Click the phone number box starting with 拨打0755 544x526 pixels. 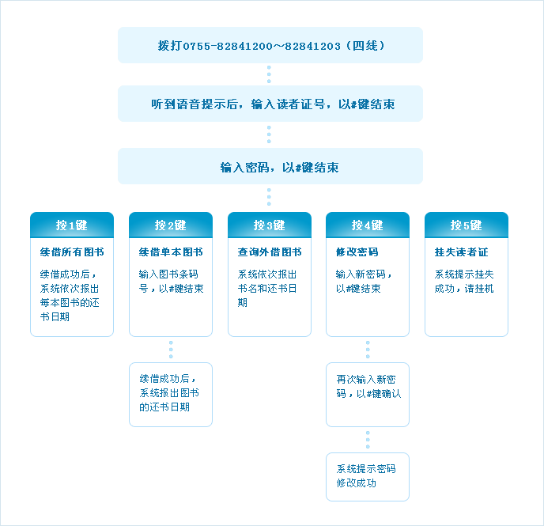[270, 45]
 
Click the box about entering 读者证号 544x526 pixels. [270, 104]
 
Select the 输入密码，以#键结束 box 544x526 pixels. [270, 166]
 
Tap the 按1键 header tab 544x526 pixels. [72, 225]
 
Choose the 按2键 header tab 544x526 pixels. [171, 225]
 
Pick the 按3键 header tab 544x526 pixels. [270, 225]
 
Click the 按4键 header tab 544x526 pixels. [368, 225]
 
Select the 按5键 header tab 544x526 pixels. [467, 225]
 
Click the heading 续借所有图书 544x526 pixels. [72, 252]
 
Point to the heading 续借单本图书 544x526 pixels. [171, 252]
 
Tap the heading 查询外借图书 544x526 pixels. [270, 252]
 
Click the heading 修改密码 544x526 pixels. [357, 252]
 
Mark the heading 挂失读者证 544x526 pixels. [462, 252]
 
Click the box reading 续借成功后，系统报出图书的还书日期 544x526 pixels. [171, 395]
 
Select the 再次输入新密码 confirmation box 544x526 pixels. [368, 395]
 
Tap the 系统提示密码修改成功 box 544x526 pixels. [368, 477]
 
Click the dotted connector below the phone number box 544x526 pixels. [269, 74]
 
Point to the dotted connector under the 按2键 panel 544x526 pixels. [171, 350]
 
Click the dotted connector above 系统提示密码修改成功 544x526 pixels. [368, 440]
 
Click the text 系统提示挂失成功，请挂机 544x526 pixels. [464, 282]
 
